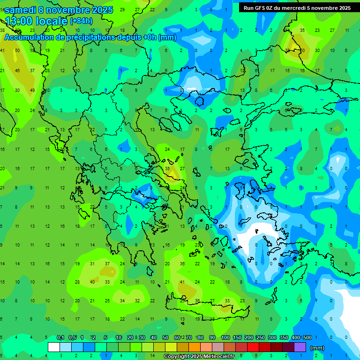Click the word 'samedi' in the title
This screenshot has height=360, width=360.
[20, 10]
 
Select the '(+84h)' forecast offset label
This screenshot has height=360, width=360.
[81, 21]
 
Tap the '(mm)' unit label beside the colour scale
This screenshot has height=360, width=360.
[317, 348]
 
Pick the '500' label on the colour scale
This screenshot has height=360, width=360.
[307, 337]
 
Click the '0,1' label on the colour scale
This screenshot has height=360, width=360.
[60, 337]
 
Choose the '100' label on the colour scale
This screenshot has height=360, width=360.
[225, 337]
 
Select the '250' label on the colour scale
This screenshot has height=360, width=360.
[261, 337]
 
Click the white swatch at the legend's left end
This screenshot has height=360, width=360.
[54, 347]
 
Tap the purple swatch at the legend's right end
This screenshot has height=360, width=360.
[300, 347]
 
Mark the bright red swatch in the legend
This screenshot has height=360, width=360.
[253, 347]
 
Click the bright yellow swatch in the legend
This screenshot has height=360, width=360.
[171, 347]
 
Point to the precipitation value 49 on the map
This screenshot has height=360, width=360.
[32, 90]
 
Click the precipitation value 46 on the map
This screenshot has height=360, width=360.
[17, 70]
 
